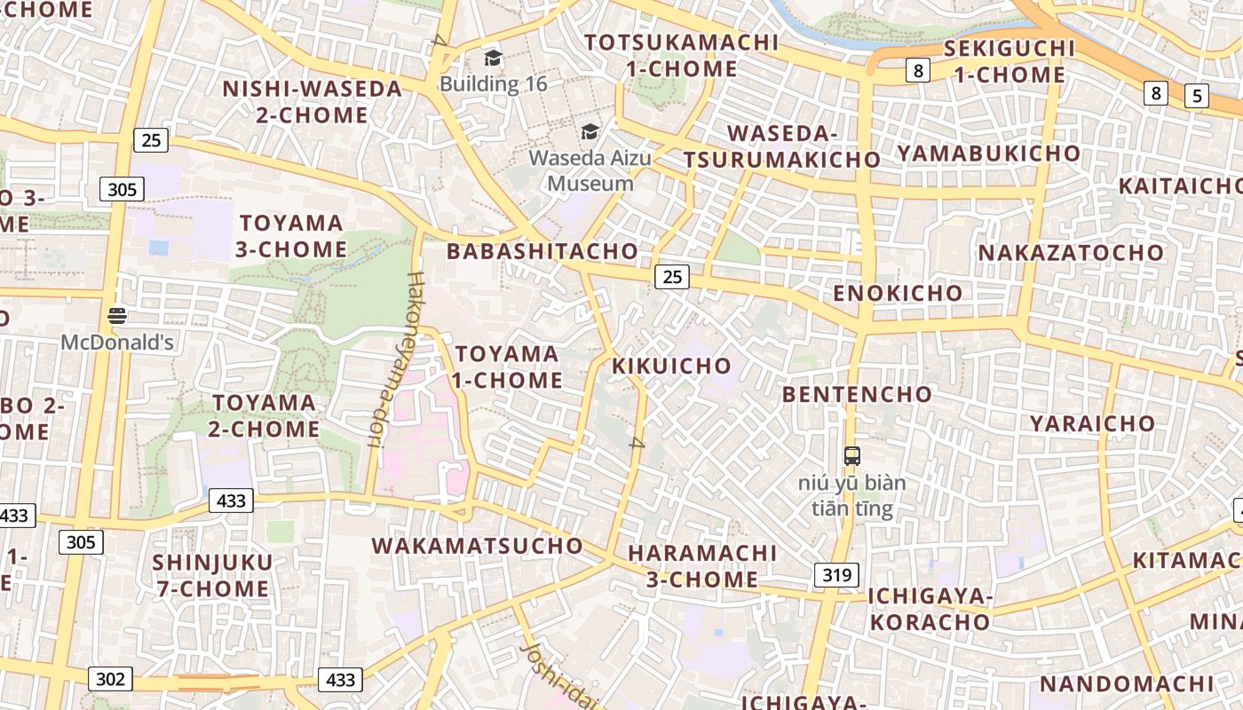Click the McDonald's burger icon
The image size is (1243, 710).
click(117, 315)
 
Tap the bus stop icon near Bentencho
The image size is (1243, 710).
click(852, 456)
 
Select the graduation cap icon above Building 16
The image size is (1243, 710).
click(493, 59)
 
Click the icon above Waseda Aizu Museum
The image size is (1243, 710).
click(590, 132)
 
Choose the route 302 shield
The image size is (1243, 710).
click(110, 680)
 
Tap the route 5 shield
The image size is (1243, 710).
click(1197, 95)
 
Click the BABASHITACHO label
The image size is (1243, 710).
click(542, 251)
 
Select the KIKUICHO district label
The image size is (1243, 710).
click(672, 366)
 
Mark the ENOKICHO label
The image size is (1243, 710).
click(898, 293)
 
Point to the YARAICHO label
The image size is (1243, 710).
click(1092, 423)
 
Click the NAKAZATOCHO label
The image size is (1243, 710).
click(1071, 253)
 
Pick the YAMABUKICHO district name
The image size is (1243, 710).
click(988, 154)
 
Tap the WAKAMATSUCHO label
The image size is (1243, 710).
click(478, 546)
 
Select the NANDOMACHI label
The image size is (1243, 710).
click(1126, 684)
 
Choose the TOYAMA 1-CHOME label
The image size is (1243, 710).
click(508, 367)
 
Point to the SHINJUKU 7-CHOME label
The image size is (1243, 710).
click(211, 575)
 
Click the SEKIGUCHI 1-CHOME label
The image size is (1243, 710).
click(1009, 61)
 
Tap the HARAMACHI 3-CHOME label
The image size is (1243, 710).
click(701, 566)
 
